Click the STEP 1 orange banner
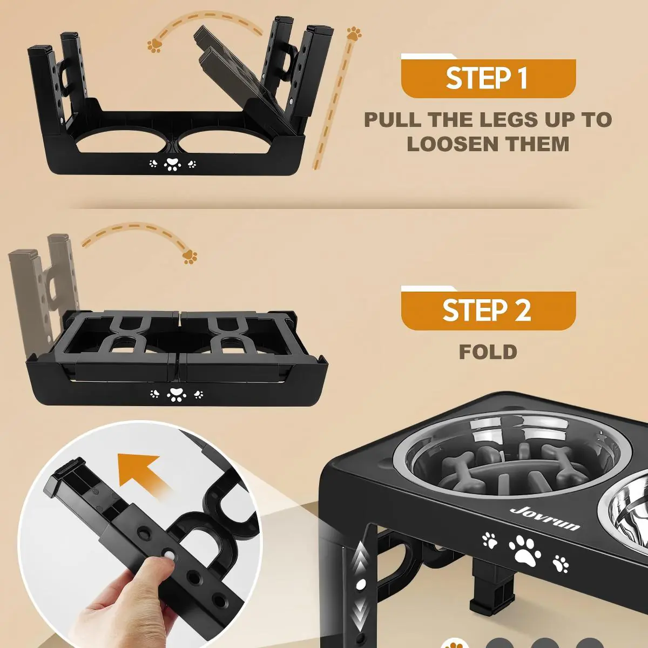488,78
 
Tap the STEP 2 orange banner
488,310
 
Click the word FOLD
488,352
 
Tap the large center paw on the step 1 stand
172,163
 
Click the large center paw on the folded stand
176,394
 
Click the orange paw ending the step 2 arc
190,257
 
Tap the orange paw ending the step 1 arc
154,46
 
